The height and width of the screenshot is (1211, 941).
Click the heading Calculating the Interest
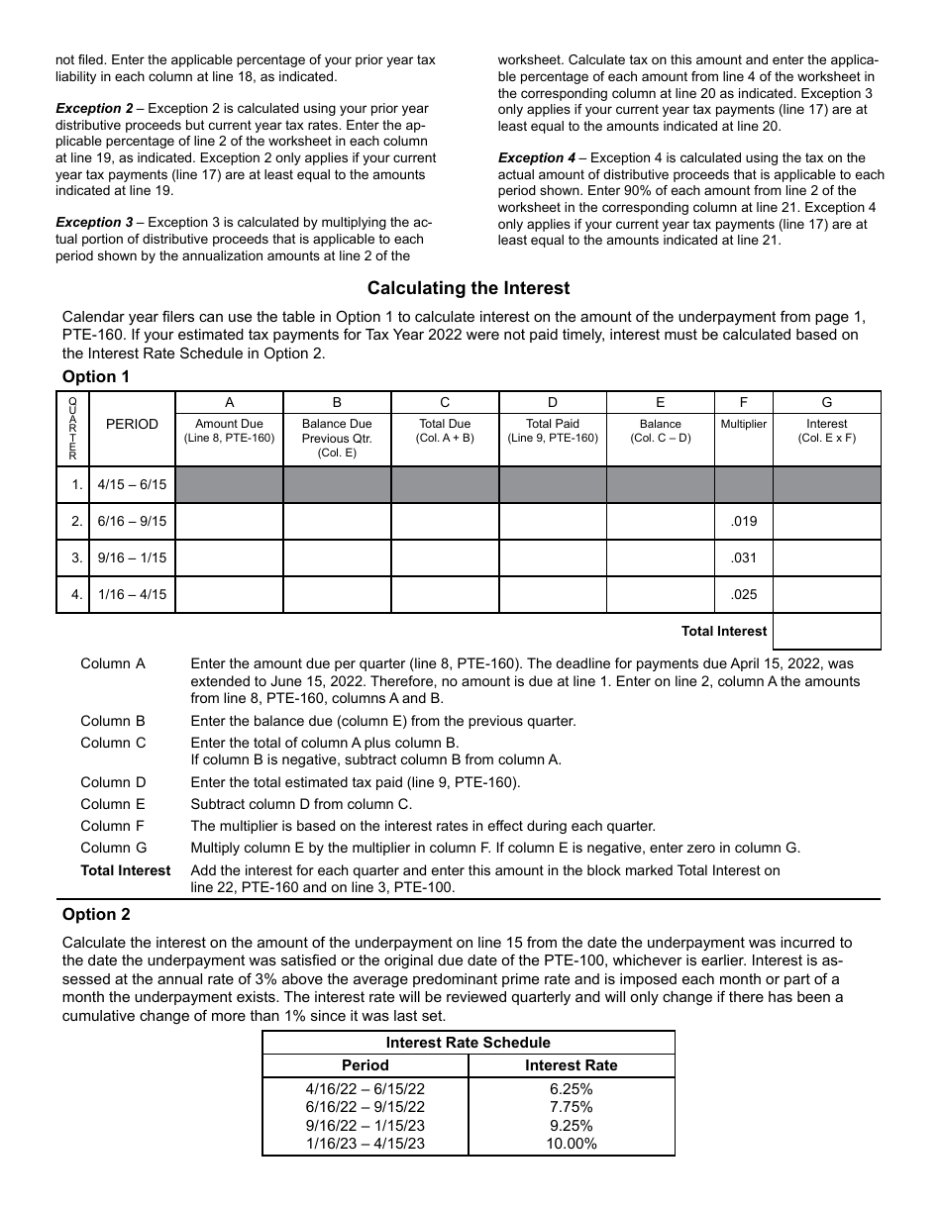tap(469, 288)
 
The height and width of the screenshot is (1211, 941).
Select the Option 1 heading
tap(96, 376)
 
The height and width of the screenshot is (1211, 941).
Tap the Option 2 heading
tap(96, 914)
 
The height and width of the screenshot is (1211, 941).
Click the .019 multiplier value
tap(743, 522)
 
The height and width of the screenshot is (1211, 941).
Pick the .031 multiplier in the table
tap(743, 558)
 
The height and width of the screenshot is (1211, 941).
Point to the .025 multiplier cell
tap(743, 595)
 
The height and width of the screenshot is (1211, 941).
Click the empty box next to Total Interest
tap(826, 631)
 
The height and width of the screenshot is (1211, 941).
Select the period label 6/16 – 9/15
tap(132, 522)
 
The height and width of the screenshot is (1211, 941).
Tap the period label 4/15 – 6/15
tap(132, 485)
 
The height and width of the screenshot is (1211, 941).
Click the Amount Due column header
tap(229, 430)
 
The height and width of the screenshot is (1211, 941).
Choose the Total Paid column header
tap(552, 430)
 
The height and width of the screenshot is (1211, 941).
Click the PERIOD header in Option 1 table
tap(132, 424)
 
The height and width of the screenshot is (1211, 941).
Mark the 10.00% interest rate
tap(572, 1144)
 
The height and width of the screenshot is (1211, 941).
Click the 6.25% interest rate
tap(572, 1089)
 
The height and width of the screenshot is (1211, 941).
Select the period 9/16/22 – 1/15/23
tap(365, 1125)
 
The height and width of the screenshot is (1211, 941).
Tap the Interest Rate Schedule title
tap(468, 1042)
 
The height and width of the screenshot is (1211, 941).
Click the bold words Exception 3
tap(94, 223)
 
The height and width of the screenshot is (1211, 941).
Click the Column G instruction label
tap(113, 848)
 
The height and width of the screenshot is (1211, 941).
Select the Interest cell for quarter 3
tap(826, 558)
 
